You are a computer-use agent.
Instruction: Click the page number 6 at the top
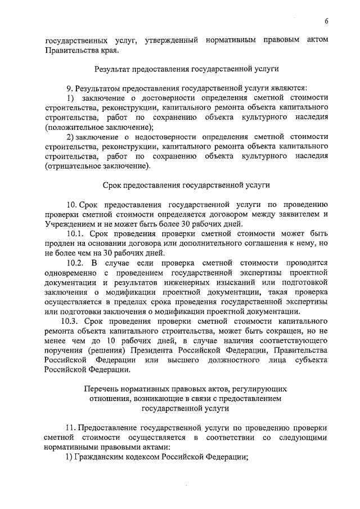point(326,21)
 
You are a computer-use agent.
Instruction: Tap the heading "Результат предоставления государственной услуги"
point(186,70)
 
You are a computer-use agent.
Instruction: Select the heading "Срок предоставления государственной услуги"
point(186,185)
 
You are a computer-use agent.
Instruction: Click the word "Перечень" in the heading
point(102,389)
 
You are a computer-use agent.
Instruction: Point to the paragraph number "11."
point(70,427)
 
